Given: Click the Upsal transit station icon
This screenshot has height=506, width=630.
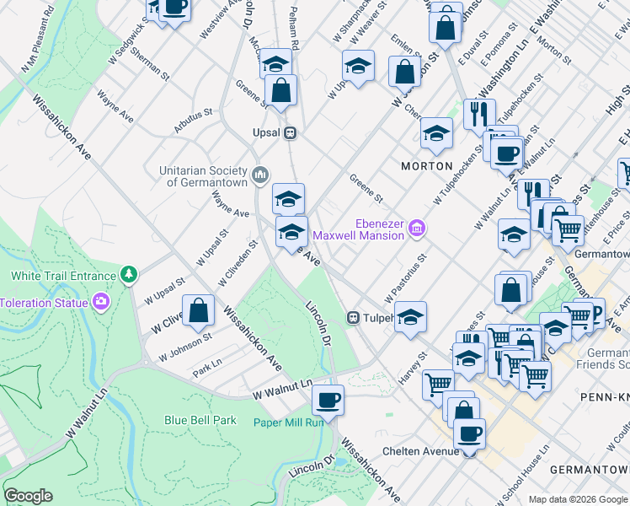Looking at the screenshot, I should pos(290,132).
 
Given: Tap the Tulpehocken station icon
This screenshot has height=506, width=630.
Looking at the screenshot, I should pos(355,318).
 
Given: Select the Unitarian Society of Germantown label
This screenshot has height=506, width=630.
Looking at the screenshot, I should pos(205,175).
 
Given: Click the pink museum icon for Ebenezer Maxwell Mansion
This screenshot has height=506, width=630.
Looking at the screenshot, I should pos(416,229).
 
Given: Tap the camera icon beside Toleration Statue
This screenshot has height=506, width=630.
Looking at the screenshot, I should pos(102,302).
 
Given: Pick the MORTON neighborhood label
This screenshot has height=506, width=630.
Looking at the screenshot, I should pos(427,166).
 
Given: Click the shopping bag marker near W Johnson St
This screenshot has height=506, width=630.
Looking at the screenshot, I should pos(198,310).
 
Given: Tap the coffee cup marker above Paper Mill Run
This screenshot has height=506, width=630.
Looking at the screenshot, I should pos(328,399).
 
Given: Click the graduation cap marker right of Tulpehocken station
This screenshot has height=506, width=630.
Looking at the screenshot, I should pos(410,317).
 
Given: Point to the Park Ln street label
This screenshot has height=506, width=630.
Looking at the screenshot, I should pos(206,370).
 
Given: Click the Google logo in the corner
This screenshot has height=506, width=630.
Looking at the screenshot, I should pos(28,496).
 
